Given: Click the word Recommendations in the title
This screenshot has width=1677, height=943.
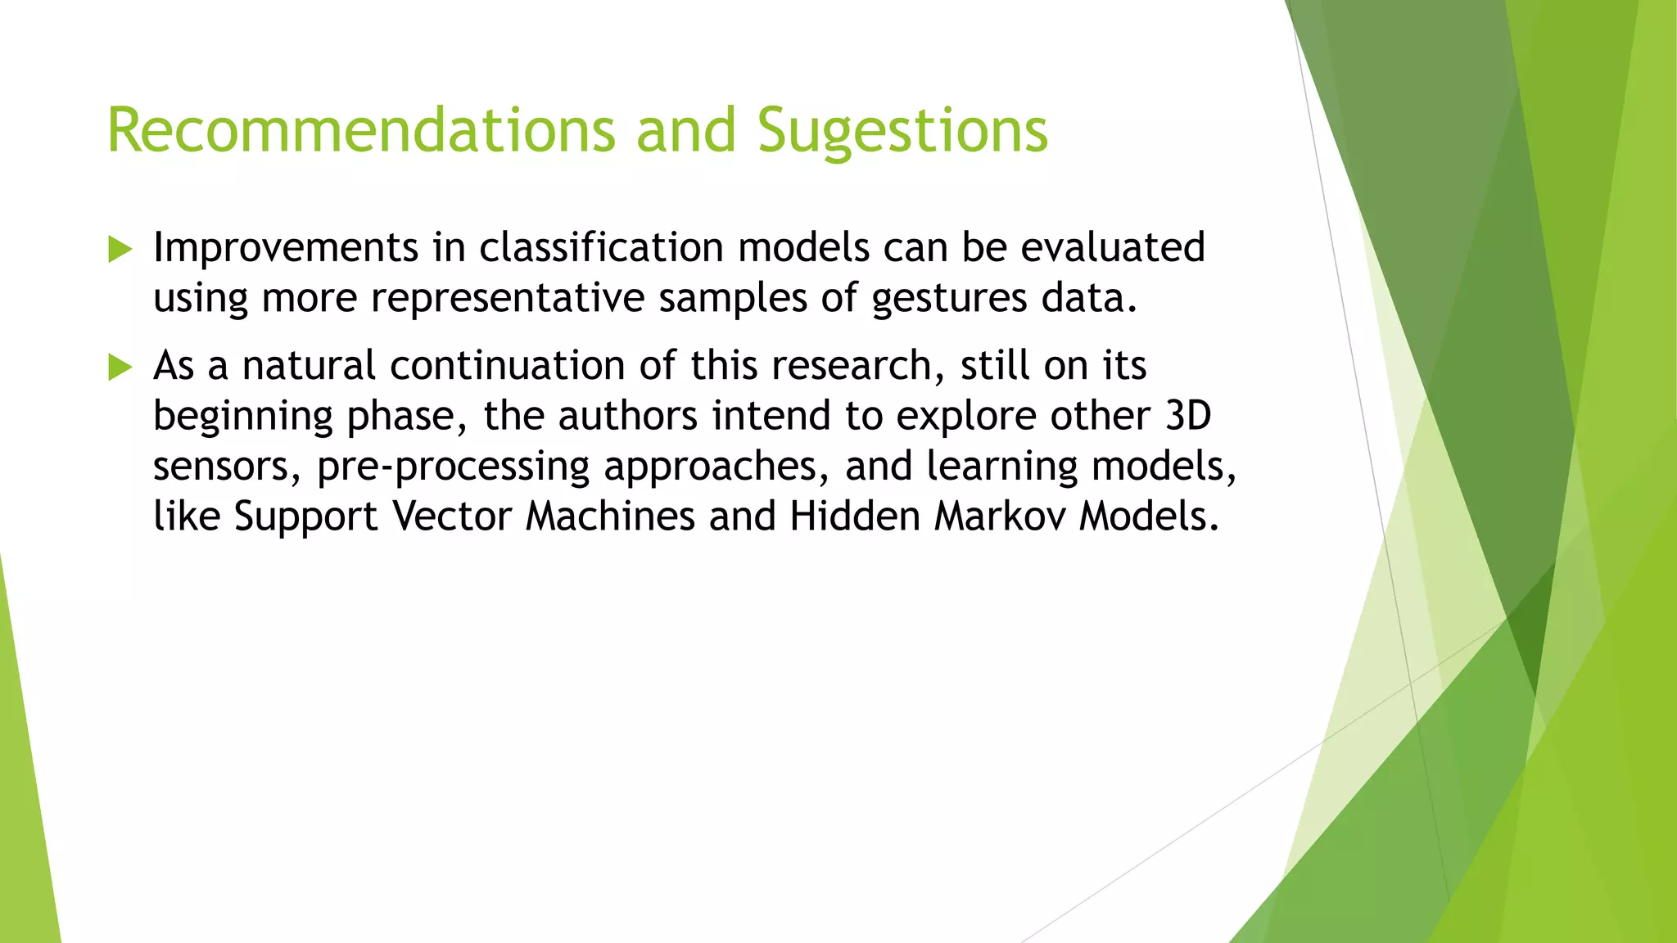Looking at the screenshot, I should point(361,131).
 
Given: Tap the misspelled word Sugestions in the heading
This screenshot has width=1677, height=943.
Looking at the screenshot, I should point(902,131).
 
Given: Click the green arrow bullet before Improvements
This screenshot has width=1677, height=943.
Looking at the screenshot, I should point(120,249).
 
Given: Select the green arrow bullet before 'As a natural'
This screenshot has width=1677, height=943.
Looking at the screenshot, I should point(120,367).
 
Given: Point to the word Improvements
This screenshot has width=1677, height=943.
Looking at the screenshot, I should point(286,248).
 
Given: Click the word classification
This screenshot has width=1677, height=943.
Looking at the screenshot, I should point(601,248).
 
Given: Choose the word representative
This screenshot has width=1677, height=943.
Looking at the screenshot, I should point(508,298).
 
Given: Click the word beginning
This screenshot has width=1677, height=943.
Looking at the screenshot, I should point(242,417).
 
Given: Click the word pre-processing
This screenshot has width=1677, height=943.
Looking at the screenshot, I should point(453,467).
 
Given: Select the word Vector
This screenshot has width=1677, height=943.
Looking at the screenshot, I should point(452,517).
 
